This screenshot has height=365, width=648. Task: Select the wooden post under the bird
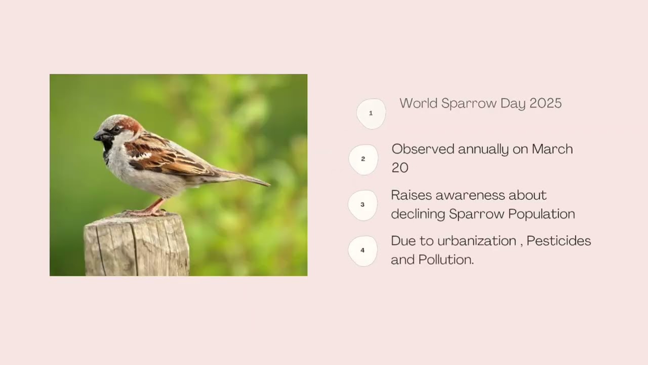click(x=137, y=246)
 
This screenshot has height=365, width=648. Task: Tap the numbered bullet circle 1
click(x=371, y=114)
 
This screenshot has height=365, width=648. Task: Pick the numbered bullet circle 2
click(x=363, y=159)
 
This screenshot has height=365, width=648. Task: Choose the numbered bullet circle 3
click(x=362, y=205)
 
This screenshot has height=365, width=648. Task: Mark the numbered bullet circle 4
click(x=362, y=250)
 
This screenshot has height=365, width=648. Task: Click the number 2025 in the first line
click(x=545, y=103)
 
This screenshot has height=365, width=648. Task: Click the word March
click(x=552, y=149)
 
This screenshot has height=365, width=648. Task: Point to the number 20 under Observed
click(x=399, y=168)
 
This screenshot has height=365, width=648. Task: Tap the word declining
click(x=418, y=214)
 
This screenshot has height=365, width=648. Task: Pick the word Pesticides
click(x=558, y=241)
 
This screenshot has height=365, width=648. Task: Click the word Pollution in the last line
click(x=445, y=260)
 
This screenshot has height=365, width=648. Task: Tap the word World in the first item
click(x=418, y=103)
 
